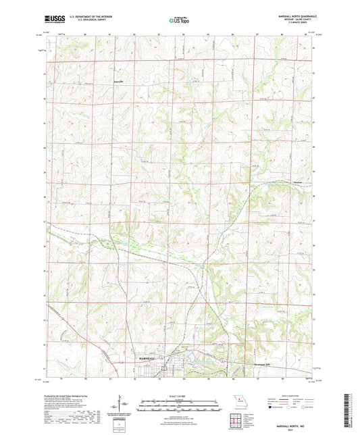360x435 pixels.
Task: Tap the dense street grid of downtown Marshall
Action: (x=161, y=367)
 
